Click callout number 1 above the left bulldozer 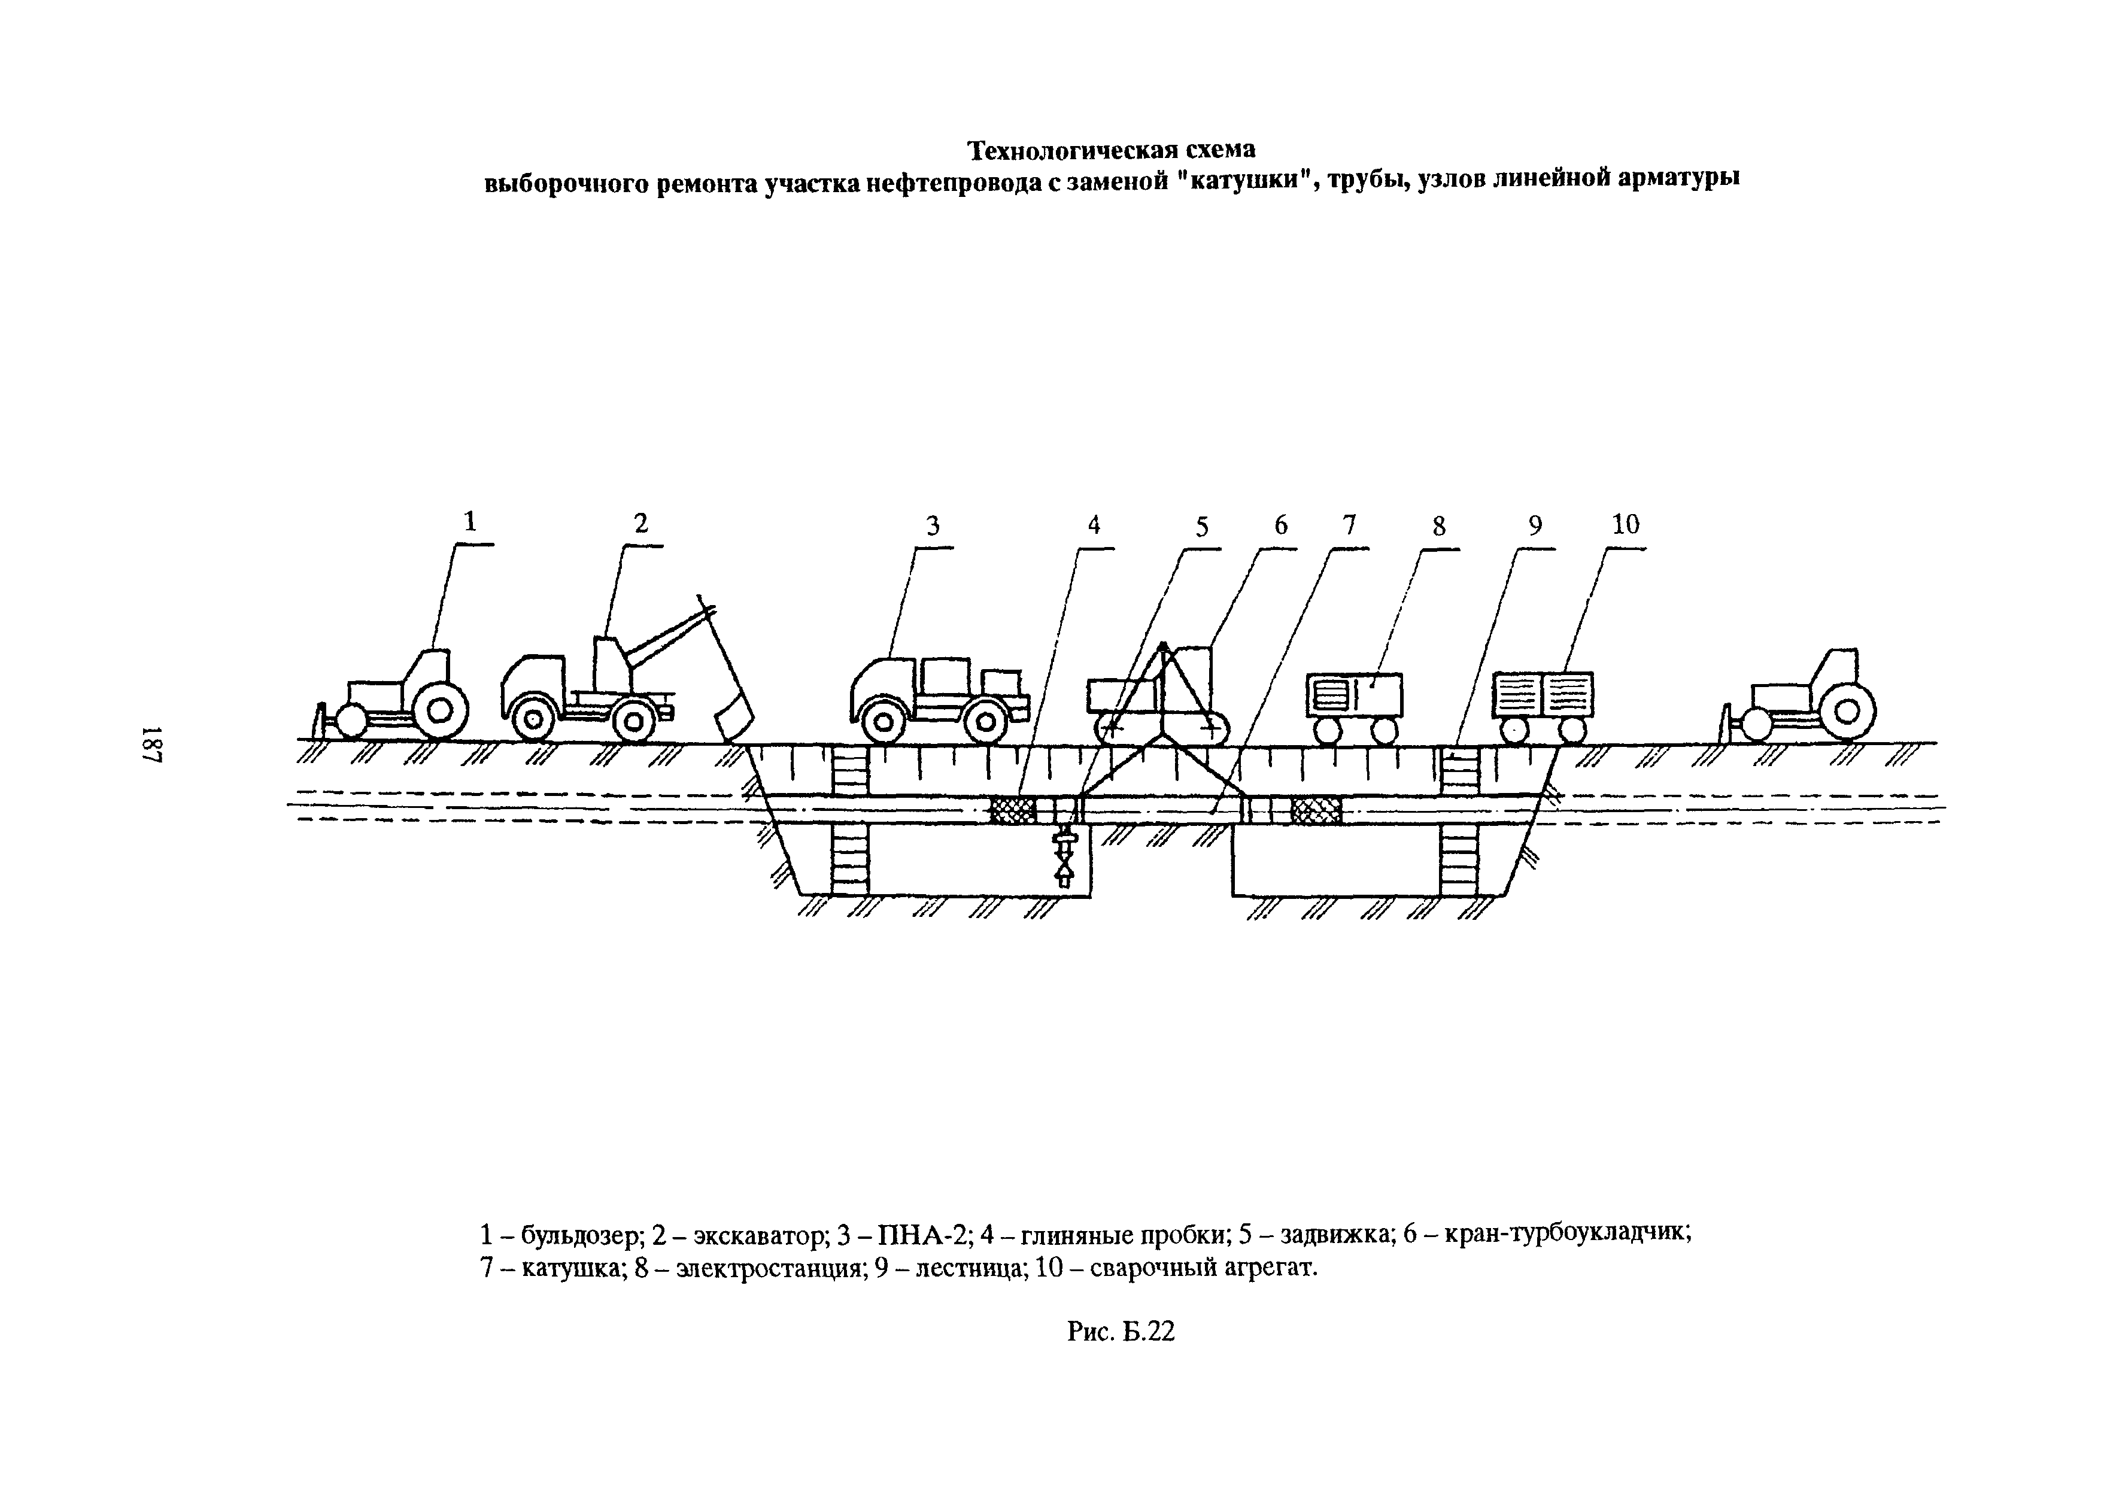470,522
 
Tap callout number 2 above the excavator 641,524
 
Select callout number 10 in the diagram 1625,525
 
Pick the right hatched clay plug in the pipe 1316,810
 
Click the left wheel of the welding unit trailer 1514,731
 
